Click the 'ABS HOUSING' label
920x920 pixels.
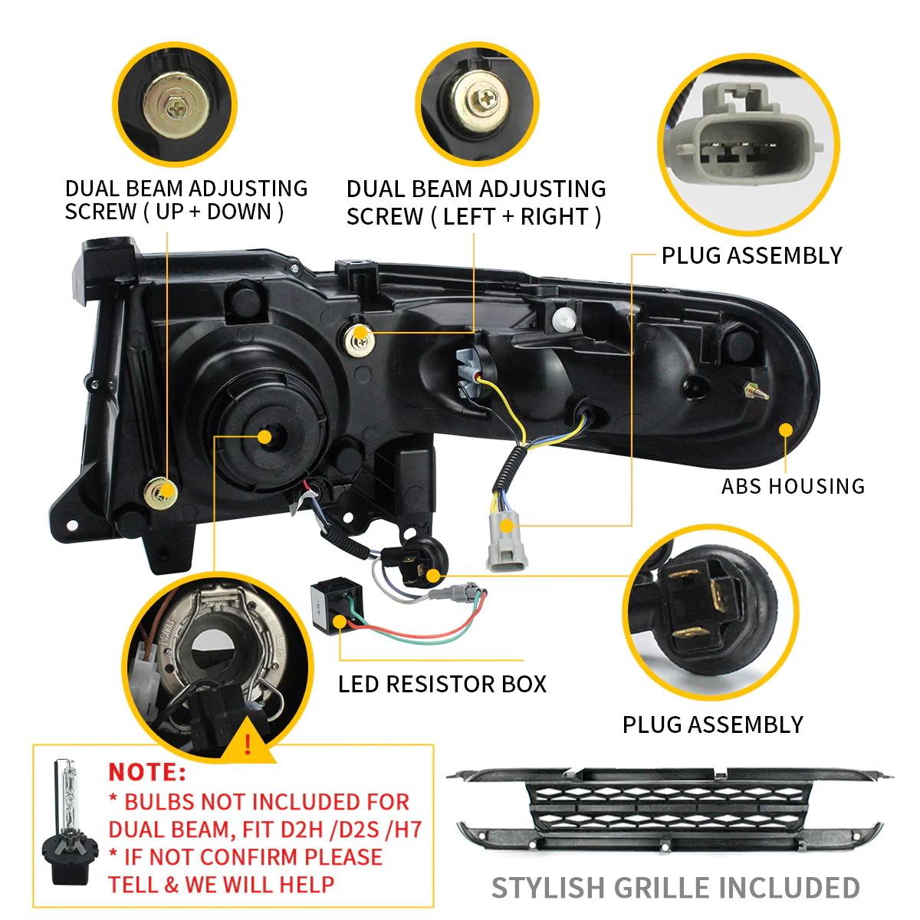pyautogui.click(x=793, y=486)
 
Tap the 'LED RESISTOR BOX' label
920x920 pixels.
pyautogui.click(x=442, y=684)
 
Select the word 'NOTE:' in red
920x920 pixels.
pyautogui.click(x=147, y=771)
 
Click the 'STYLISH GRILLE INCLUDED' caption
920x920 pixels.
pyautogui.click(x=675, y=888)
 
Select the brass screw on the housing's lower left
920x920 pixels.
pyautogui.click(x=162, y=491)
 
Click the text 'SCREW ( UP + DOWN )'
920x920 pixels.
pyautogui.click(x=174, y=212)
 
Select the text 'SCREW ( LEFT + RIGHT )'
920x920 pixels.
pyautogui.click(x=473, y=217)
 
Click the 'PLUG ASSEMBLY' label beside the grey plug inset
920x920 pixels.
pyautogui.click(x=751, y=255)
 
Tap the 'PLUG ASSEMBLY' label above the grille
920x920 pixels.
pyautogui.click(x=712, y=724)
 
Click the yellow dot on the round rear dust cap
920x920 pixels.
pyautogui.click(x=264, y=437)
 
